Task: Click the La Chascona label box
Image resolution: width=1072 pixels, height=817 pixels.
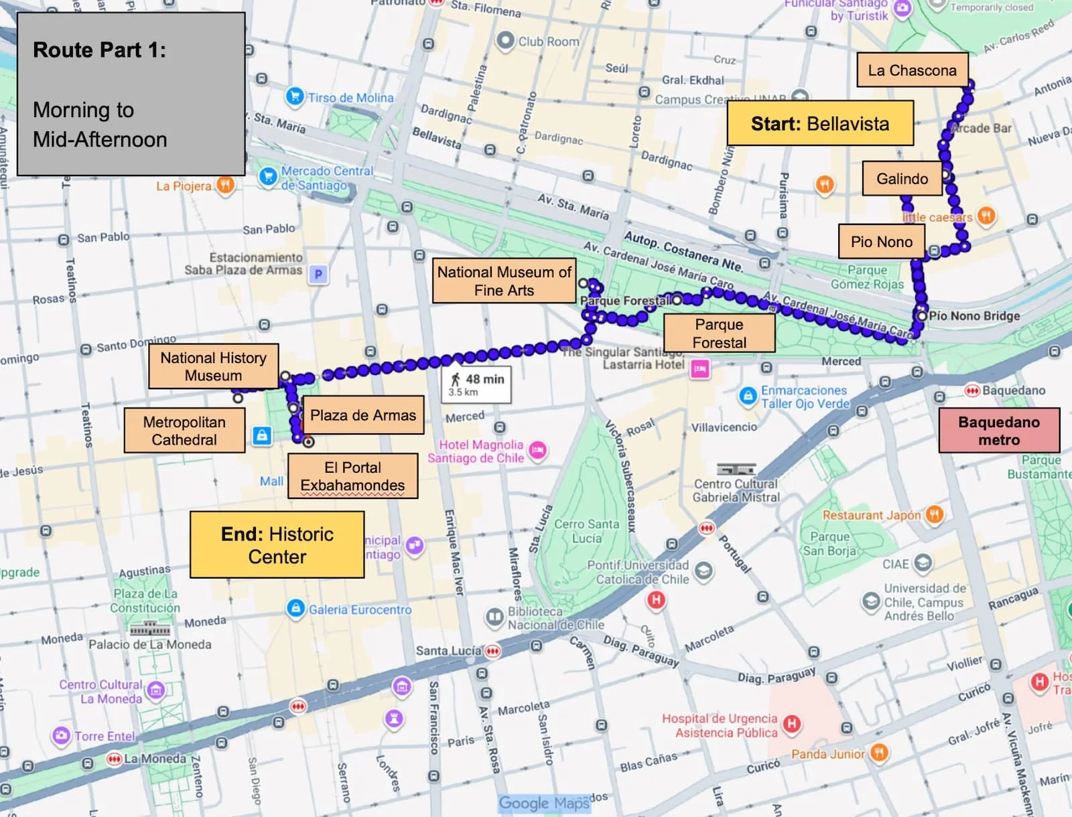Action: coord(912,70)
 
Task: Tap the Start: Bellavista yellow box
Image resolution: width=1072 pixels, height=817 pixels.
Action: coord(820,123)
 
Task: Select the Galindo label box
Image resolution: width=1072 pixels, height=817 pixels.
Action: coord(902,179)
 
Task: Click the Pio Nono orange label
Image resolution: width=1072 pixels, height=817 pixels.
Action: coord(881,242)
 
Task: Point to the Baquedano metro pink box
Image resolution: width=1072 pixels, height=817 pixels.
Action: coord(998,431)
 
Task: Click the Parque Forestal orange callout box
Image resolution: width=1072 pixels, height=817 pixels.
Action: coord(719,333)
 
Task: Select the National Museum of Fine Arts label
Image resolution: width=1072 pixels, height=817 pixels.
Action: coord(504,281)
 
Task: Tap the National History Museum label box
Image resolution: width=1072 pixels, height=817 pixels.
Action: coord(213,366)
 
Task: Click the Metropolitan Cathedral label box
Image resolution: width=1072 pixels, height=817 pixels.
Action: coord(184,431)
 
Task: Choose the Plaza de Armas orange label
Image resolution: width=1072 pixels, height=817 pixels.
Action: coord(362,415)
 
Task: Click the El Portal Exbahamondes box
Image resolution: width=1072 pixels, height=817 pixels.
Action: coord(352,476)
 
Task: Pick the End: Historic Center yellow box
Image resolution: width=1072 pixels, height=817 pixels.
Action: coord(277,545)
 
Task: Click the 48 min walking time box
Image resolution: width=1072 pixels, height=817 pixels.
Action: coord(476,384)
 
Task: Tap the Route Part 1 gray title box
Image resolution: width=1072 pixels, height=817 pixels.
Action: coord(131,94)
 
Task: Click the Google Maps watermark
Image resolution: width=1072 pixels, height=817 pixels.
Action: coord(544,803)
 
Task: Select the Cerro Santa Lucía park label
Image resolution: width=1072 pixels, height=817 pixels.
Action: coord(586,531)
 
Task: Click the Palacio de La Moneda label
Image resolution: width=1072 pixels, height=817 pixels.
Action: coord(150,644)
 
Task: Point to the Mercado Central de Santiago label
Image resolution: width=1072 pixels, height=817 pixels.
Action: coord(327,177)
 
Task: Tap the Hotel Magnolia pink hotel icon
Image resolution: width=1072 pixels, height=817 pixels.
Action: coord(537,451)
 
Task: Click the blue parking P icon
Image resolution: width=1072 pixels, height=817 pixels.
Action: coord(318,274)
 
